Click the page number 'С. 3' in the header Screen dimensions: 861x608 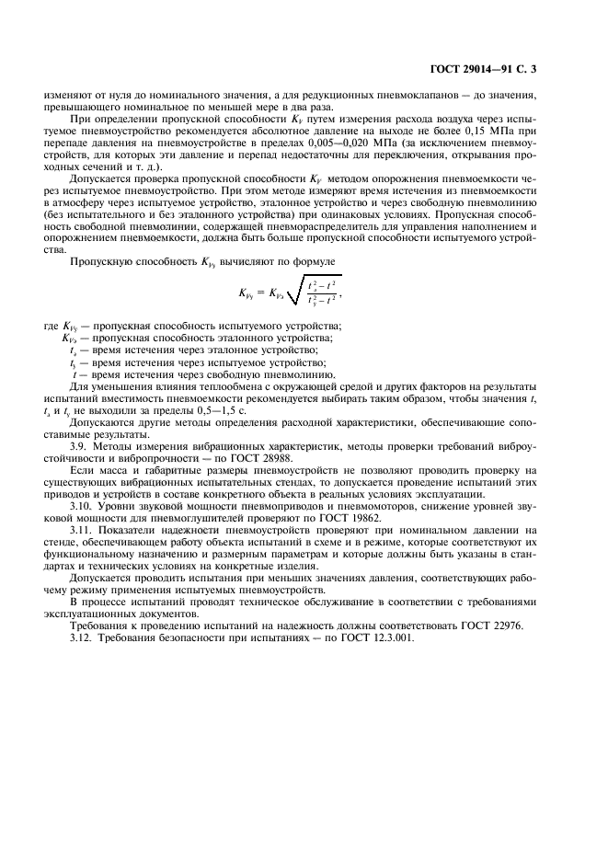528,68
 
